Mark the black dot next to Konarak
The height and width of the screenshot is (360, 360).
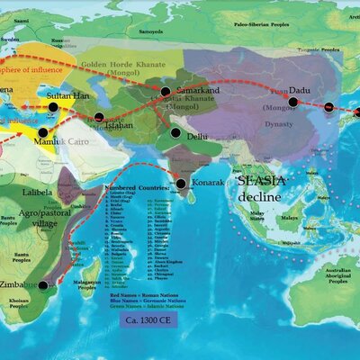click(x=182, y=184)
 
